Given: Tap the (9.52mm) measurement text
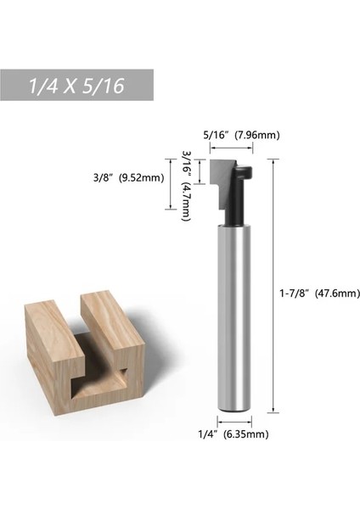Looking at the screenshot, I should [x=142, y=177].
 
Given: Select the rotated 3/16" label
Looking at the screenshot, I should [x=187, y=163].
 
